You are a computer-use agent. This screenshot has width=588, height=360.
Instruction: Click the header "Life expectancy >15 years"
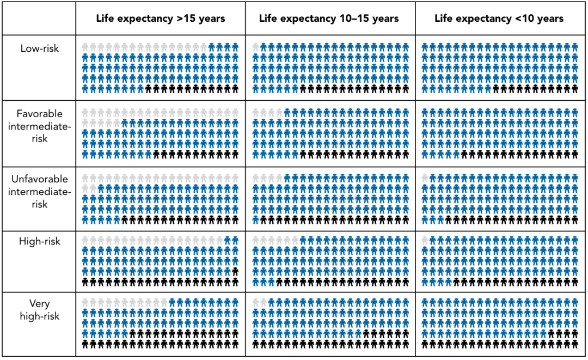[x=161, y=19]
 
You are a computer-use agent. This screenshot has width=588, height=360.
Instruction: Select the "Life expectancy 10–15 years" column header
[x=329, y=19]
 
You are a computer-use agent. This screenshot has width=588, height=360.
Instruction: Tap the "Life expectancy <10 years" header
[x=499, y=19]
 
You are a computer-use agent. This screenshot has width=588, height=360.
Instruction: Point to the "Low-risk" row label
[x=39, y=48]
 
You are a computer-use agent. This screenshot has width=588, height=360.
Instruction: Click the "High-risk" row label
[x=39, y=241]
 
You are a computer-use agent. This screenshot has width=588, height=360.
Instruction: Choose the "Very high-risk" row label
[x=39, y=310]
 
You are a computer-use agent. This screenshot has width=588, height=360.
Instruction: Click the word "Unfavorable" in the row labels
[x=39, y=179]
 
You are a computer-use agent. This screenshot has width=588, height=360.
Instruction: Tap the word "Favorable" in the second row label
[x=39, y=114]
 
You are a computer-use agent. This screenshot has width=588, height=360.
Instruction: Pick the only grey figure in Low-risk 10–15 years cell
[x=256, y=47]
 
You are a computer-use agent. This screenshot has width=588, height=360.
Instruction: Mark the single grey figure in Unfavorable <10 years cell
[x=426, y=178]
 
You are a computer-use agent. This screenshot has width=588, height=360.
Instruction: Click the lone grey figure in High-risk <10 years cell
[x=426, y=240]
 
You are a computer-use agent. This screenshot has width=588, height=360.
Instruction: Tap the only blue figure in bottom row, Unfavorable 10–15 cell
[x=256, y=220]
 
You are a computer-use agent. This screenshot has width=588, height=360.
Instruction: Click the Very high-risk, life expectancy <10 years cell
[x=500, y=324]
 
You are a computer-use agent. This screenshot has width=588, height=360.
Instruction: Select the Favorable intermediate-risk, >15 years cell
[x=161, y=133]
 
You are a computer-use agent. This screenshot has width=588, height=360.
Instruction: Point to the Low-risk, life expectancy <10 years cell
[x=500, y=68]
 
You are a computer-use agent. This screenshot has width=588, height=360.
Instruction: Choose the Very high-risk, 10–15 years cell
[x=330, y=324]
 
